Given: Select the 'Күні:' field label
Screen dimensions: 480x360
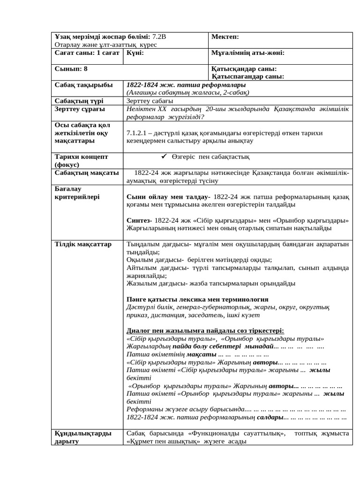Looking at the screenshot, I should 135,53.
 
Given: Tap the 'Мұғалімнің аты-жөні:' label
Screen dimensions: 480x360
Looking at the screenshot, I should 248,53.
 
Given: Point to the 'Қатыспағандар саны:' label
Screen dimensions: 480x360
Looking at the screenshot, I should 247,76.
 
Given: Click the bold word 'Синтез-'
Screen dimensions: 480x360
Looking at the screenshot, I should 139,220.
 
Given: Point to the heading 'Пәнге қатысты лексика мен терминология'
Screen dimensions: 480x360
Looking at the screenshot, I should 197,299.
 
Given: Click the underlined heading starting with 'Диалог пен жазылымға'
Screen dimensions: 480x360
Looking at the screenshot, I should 205,330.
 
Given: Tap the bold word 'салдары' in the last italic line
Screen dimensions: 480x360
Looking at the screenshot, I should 270,417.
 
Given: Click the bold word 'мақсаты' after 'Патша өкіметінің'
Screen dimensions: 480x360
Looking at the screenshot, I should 202,354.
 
